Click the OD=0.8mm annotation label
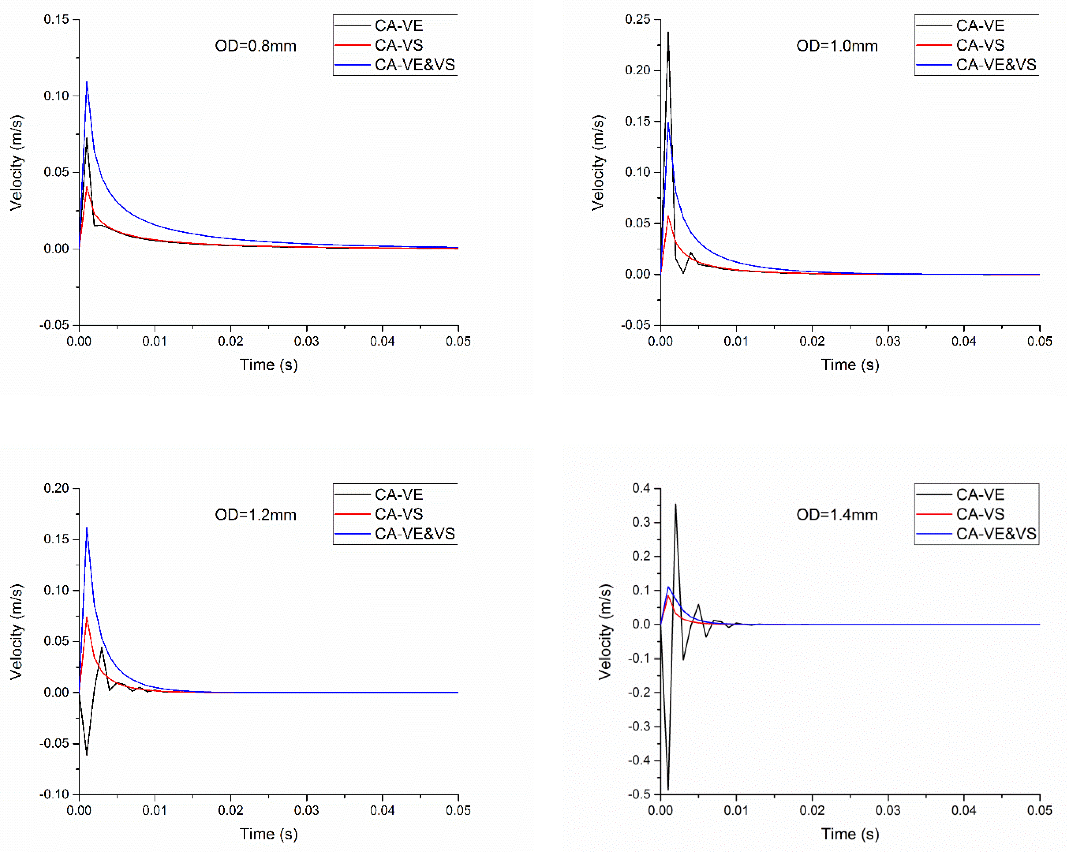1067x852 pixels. (x=255, y=46)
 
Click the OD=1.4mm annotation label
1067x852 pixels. (x=837, y=515)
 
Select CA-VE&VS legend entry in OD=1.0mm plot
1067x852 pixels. (x=996, y=65)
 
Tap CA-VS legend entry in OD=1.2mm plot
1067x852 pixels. (x=398, y=514)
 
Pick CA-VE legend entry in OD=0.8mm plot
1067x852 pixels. (x=398, y=26)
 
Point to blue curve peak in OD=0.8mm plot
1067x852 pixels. (x=87, y=82)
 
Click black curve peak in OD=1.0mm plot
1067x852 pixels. (x=668, y=33)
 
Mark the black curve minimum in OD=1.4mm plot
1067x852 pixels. (x=668, y=789)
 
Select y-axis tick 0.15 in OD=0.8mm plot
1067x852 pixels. (x=56, y=19)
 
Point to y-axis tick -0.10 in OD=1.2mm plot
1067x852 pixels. (x=54, y=794)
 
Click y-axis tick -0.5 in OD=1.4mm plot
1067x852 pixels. (x=639, y=794)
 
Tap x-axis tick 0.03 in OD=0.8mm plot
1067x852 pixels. (x=306, y=341)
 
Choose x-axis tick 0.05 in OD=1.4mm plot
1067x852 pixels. (x=1039, y=810)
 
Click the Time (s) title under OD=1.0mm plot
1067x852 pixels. (x=850, y=365)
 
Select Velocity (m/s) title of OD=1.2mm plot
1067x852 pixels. (x=16, y=632)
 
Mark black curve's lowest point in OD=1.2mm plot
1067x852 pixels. (x=87, y=754)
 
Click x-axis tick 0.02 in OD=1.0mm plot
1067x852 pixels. (x=812, y=341)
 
